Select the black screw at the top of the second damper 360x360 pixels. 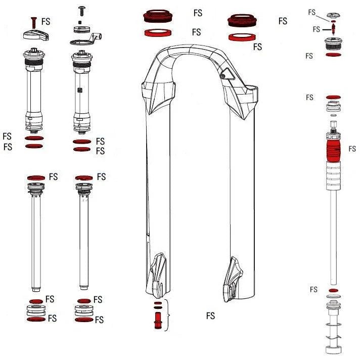click(81, 10)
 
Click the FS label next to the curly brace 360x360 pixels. click(210, 316)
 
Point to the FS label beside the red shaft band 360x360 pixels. click(352, 149)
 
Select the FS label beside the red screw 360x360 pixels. click(46, 22)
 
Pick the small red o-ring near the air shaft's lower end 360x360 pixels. click(333, 290)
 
